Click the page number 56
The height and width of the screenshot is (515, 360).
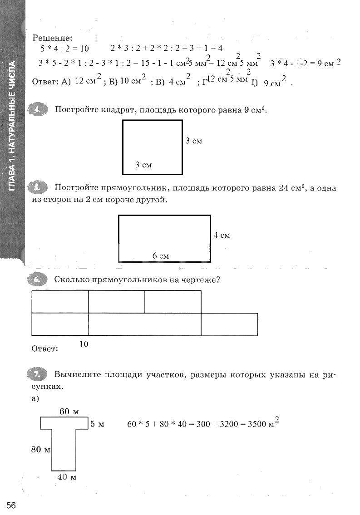pos(11,505)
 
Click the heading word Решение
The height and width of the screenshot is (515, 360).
pos(52,39)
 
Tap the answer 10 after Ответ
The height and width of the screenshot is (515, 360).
pos(84,344)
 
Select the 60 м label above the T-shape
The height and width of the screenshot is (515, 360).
pos(69,412)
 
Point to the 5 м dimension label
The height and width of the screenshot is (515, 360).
pos(97,424)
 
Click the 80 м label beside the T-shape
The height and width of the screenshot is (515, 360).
pos(40,450)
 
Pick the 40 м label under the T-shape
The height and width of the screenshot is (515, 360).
pos(66,477)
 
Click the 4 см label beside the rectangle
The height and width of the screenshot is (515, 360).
pos(222,235)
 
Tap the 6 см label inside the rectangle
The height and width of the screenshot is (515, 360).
pos(160,256)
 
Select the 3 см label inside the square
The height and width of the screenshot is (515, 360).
pos(143,165)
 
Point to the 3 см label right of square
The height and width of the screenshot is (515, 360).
pos(194,141)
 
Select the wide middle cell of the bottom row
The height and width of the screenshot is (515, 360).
pos(144,324)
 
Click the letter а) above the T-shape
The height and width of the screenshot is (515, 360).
pos(36,398)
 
